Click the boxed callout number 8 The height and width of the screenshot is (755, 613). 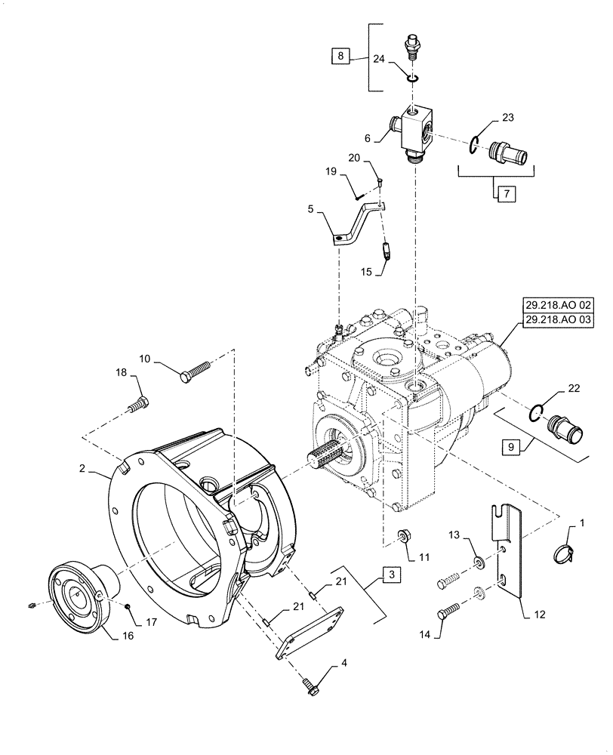point(340,57)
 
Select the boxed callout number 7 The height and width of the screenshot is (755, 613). point(504,194)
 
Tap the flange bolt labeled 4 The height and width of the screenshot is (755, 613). point(310,684)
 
